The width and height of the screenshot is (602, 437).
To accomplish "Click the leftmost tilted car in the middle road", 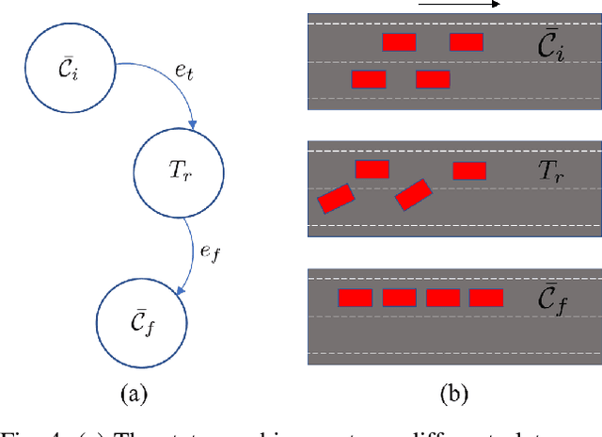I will (x=336, y=198).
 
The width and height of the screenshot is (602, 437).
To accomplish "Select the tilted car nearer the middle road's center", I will (x=413, y=195).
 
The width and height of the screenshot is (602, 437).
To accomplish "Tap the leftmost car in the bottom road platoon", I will (x=356, y=298).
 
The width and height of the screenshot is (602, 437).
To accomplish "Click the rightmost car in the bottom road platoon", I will (x=486, y=298).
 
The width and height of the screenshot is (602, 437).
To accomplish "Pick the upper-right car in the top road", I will (x=467, y=41).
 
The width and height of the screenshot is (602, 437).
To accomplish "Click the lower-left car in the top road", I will (x=368, y=79).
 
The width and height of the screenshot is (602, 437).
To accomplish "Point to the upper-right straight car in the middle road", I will (x=469, y=170).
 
